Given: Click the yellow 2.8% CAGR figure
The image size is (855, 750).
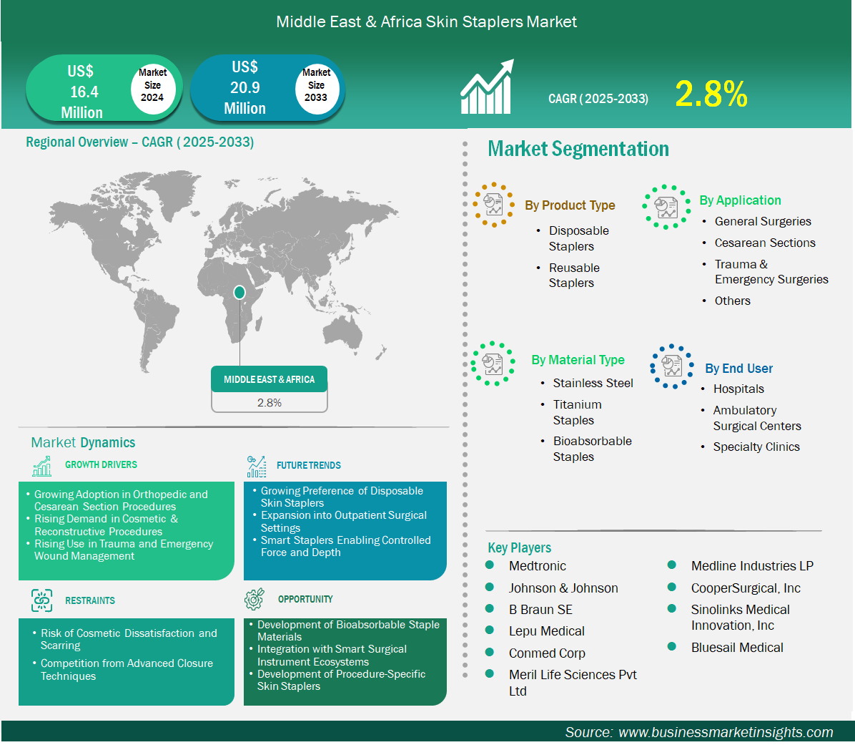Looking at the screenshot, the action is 711,94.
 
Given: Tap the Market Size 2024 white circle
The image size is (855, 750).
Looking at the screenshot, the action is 153,87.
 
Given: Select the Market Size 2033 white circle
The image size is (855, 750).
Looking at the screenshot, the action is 317,87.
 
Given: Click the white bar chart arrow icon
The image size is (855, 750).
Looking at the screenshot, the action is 487,87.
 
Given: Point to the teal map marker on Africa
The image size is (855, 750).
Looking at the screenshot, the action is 239,293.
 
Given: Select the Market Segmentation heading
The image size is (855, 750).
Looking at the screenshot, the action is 578,148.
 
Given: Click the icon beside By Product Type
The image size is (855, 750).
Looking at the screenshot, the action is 493,205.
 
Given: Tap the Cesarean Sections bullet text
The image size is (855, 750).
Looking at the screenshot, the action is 764,243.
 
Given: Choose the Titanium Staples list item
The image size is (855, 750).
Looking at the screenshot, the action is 577,412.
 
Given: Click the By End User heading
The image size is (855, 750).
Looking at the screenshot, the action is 738,369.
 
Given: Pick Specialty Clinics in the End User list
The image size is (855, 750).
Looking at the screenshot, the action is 756,447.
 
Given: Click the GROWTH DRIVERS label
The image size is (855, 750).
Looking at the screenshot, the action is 101,464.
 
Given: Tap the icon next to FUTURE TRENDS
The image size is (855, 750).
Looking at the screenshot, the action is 256,466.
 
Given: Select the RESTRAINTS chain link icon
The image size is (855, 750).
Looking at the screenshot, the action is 42,600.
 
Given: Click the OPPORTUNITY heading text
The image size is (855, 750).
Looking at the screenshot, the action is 305,599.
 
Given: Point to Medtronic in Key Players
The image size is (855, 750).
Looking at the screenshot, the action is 537,566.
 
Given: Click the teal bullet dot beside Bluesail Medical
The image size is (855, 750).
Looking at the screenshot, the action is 672,647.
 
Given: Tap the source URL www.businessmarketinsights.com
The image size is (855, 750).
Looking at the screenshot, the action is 726,732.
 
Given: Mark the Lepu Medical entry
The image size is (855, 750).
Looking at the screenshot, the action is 546,631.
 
